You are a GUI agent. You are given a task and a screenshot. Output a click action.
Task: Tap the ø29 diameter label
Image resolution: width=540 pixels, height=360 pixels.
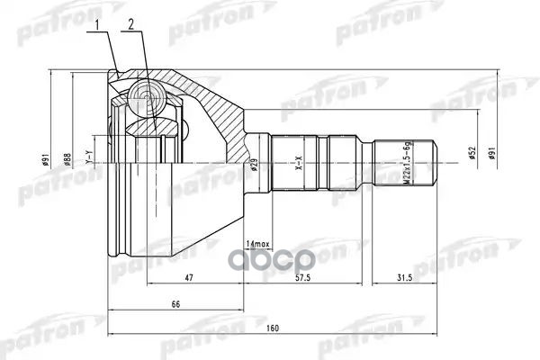(255, 165)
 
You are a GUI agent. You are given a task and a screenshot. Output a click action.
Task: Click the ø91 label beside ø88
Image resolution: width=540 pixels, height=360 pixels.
(45, 160)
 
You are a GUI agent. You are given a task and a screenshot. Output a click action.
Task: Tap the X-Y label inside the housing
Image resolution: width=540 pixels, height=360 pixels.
(88, 159)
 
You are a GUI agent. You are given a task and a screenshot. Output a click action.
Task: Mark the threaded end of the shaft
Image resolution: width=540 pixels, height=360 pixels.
(409, 164)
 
